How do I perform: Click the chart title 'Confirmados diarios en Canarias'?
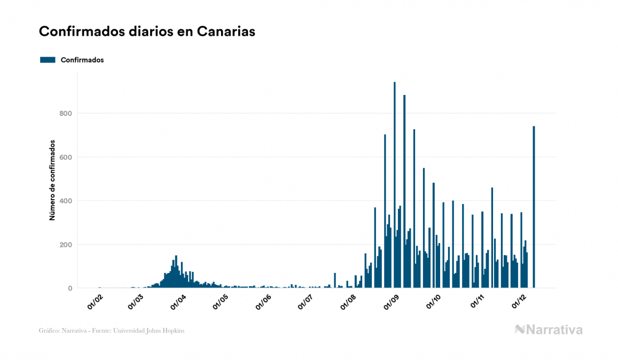147,32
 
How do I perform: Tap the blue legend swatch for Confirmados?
48,60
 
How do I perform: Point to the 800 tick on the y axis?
66,113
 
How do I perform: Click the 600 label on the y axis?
66,157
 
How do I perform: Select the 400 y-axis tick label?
66,201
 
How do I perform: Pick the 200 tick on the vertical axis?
66,245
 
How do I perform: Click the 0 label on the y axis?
69,288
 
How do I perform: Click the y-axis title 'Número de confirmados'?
52,181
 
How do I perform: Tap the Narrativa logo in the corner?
549,330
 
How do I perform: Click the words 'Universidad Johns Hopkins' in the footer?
155,331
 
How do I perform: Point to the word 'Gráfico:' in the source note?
49,331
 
